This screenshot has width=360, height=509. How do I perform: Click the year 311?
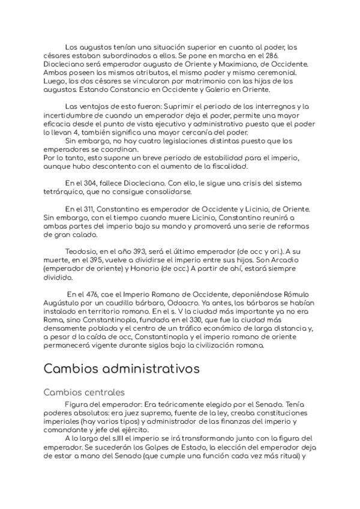(89, 208)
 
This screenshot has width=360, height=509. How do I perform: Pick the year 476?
(91, 294)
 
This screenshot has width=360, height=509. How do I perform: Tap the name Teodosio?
(80, 251)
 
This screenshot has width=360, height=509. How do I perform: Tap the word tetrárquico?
(62, 191)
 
